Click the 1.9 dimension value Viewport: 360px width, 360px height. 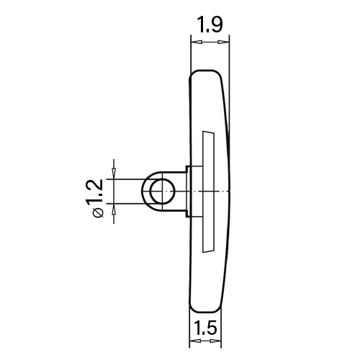pos(210,24)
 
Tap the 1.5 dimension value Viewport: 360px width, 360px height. pos(205,328)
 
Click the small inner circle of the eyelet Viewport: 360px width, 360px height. pos(162,192)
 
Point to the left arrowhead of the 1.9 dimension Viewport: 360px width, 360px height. pos(197,42)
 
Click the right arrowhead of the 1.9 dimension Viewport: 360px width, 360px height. pos(223,42)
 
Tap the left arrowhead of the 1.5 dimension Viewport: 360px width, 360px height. pos(195,341)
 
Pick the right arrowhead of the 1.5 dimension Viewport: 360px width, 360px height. pos(215,341)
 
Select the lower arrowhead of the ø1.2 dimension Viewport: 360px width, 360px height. pos(114,210)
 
